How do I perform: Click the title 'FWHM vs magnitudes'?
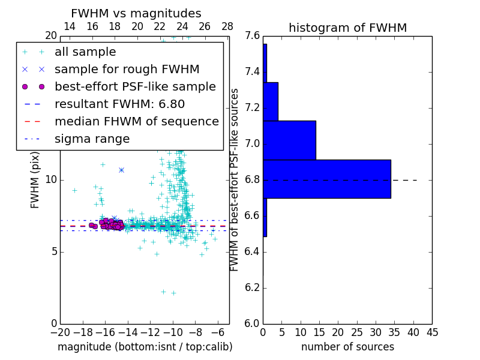[x=136, y=13]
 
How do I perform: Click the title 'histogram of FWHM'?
[x=347, y=28]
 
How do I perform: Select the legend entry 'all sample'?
[x=85, y=52]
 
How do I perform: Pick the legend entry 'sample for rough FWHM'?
[x=127, y=70]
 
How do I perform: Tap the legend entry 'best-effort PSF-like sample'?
[x=135, y=87]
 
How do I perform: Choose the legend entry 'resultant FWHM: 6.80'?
[x=119, y=104]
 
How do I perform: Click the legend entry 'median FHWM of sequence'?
[x=136, y=122]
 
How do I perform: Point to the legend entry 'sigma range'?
[x=92, y=139]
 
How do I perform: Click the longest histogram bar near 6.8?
[x=326, y=179]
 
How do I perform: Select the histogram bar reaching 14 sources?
[x=289, y=140]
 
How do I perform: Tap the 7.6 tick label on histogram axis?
[x=253, y=36]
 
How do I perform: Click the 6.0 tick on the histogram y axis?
[x=253, y=323]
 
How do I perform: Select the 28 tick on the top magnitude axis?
[x=227, y=26]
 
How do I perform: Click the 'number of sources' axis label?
[x=347, y=347]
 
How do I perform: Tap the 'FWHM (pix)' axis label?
[x=35, y=180]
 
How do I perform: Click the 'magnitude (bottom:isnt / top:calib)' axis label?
[x=145, y=347]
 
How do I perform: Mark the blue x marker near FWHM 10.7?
[x=121, y=170]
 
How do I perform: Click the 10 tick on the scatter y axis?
[x=52, y=179]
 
